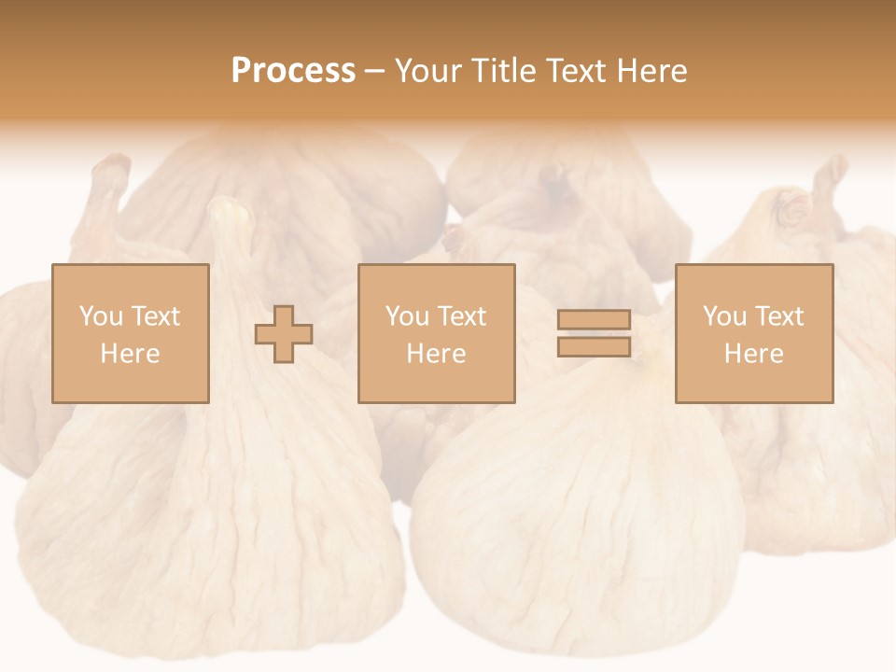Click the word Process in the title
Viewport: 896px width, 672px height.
tap(293, 71)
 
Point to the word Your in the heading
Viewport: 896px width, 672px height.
tap(427, 71)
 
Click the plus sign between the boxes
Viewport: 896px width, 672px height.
tap(284, 334)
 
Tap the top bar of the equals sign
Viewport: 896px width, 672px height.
tap(594, 320)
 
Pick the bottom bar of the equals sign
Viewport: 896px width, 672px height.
tap(594, 347)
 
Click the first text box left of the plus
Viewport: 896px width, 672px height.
tap(130, 333)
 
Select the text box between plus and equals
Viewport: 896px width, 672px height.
tap(436, 333)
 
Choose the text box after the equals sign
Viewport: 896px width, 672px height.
tap(753, 333)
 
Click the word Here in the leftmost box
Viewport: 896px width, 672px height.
tap(130, 354)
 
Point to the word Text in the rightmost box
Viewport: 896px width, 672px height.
tap(778, 316)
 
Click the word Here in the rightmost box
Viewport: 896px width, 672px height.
tap(753, 354)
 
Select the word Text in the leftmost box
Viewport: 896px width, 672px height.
tap(155, 316)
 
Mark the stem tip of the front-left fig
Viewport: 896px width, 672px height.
tap(231, 213)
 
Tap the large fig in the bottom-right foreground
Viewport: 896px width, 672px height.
tap(579, 523)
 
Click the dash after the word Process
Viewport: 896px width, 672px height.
tap(375, 71)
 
